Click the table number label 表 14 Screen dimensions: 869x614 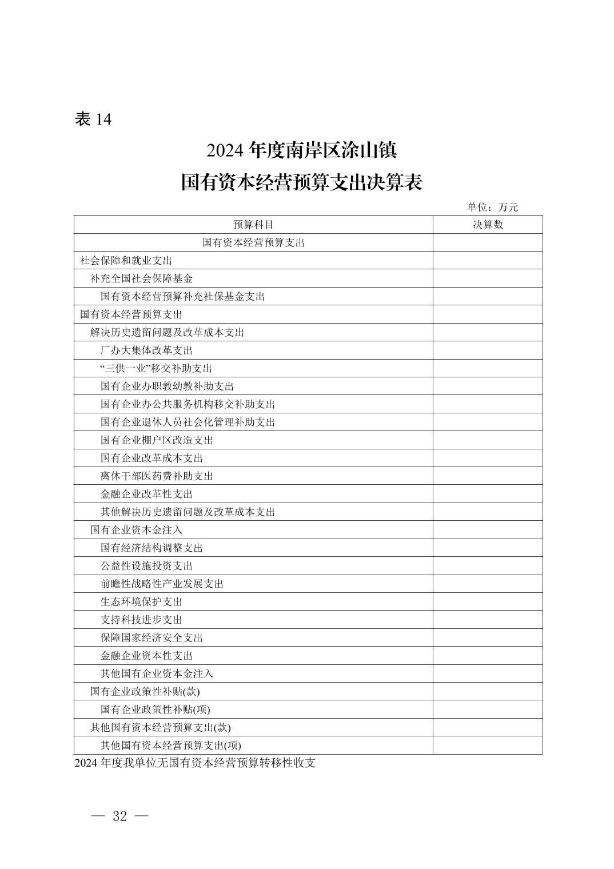[93, 119]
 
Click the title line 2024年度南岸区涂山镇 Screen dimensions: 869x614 [301, 151]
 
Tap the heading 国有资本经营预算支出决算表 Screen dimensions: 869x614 [301, 183]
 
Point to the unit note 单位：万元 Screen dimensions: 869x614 [492, 207]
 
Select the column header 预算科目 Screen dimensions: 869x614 [253, 225]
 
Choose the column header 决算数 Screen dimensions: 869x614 [488, 225]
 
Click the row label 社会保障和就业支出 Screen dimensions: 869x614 [126, 261]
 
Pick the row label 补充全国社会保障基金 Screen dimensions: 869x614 [141, 278]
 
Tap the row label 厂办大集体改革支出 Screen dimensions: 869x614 [146, 350]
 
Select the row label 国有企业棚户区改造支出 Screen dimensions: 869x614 [157, 440]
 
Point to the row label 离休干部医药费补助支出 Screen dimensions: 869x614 [157, 476]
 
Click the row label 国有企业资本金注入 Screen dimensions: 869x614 [136, 529]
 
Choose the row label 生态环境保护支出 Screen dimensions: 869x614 [141, 601]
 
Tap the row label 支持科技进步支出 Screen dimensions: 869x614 [141, 619]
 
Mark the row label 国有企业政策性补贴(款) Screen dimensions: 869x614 [145, 691]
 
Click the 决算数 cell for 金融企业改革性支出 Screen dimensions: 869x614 [488, 494]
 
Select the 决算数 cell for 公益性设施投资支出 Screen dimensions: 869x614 [488, 565]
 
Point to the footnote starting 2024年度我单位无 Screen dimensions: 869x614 [195, 763]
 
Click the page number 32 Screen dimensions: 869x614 [120, 816]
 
